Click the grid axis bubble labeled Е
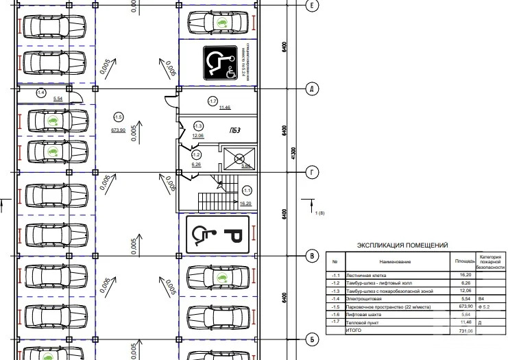311,5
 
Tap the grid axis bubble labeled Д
311,89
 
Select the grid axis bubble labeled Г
311,173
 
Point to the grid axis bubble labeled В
311,256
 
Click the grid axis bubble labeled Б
311,339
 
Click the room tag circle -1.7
212,101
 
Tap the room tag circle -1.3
198,126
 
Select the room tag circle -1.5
118,117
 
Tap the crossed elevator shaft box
240,159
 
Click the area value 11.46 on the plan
225,108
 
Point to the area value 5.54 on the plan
58,100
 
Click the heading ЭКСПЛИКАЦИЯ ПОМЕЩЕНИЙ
402,245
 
